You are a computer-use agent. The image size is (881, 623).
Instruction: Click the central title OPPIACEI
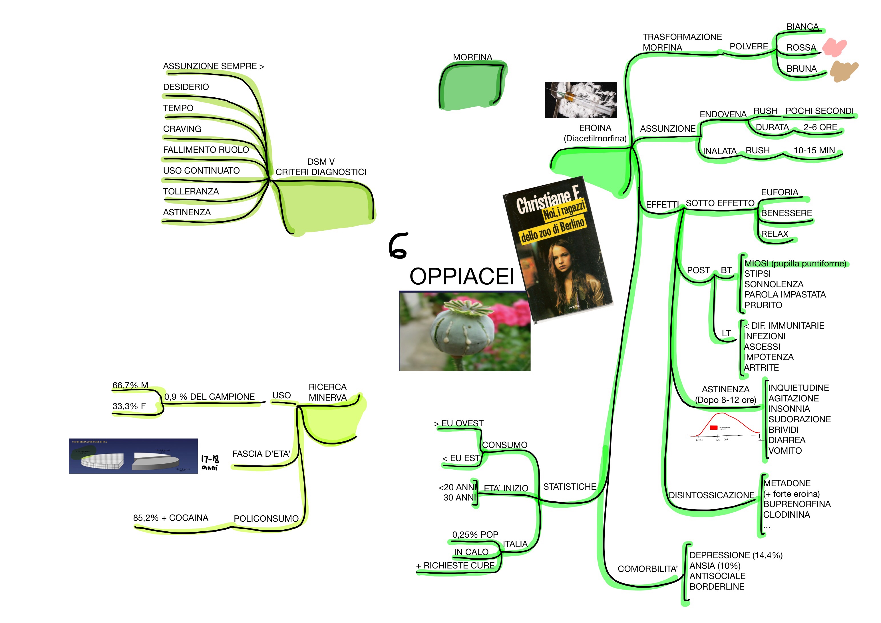[x=462, y=276]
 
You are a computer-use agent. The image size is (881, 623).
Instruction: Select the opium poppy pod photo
[x=465, y=331]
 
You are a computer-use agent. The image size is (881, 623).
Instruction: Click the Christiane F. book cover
[x=557, y=250]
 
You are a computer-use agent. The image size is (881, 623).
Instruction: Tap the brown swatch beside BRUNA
[x=843, y=71]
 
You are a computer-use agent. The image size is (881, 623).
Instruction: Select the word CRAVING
[x=182, y=129]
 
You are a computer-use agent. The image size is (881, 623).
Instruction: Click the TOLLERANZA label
[x=191, y=192]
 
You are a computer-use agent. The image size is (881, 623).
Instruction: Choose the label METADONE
[x=787, y=483]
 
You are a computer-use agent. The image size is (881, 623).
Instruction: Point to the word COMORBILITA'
[x=647, y=569]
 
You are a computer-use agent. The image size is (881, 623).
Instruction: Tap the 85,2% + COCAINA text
[x=170, y=518]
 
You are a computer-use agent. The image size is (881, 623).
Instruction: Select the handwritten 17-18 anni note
[x=210, y=462]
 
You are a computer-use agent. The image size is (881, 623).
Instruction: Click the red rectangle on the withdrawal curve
[x=714, y=428]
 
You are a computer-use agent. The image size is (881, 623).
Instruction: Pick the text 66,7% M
[x=130, y=385]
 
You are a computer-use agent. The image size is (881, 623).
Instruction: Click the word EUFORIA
[x=779, y=192]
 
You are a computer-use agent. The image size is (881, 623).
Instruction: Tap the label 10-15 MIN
[x=814, y=150]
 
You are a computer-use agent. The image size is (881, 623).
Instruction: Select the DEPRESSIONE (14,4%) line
[x=736, y=555]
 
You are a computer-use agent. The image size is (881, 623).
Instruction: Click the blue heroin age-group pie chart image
[x=133, y=456]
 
